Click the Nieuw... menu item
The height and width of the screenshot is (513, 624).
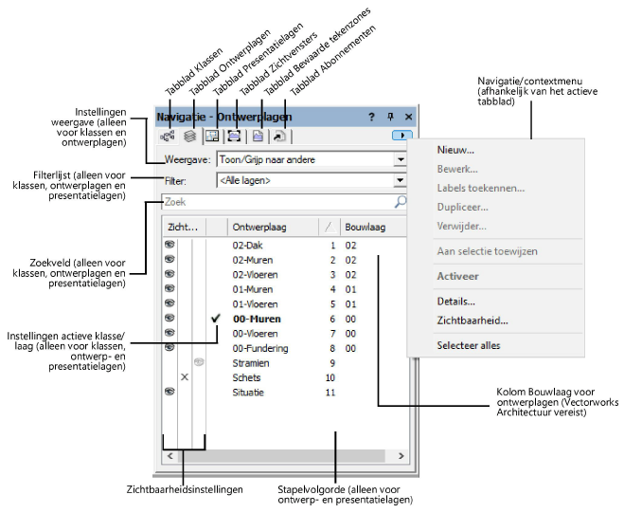coord(455,150)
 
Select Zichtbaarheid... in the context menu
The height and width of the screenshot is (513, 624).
coord(472,321)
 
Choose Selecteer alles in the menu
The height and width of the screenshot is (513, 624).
coord(469,345)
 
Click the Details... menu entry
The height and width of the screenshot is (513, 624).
coord(456,302)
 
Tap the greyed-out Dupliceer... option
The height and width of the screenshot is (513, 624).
coord(462,208)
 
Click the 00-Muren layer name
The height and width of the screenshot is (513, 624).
coord(257,319)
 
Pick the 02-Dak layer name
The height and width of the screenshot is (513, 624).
coord(247,246)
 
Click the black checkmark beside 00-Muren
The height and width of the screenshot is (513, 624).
coord(215,318)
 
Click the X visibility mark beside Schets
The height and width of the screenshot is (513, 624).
coord(185,376)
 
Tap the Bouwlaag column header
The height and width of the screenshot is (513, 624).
coord(365,228)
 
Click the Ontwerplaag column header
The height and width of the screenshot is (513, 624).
coord(259,228)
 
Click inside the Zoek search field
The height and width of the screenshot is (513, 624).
coord(276,202)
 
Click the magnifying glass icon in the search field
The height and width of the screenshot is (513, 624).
coord(400,202)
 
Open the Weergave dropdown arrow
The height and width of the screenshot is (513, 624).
coord(401,159)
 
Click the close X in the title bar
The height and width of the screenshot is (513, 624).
coord(408,117)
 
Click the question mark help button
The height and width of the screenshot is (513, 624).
coord(371,117)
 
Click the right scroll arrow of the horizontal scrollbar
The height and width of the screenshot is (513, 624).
coord(401,455)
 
